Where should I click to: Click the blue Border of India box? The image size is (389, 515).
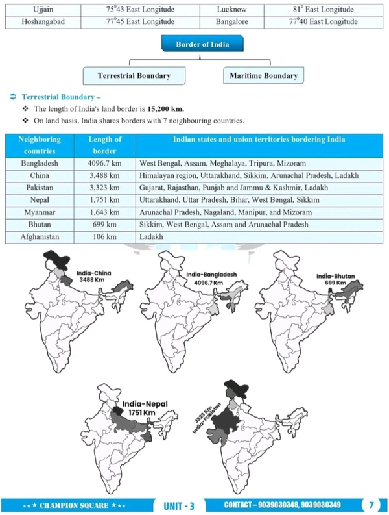(194, 45)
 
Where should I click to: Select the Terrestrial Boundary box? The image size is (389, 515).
(134, 75)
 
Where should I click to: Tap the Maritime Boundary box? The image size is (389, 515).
(264, 75)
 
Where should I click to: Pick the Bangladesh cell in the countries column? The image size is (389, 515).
(40, 164)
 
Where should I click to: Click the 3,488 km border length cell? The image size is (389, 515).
(104, 176)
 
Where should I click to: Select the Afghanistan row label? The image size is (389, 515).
(40, 237)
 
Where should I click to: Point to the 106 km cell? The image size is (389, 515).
(104, 237)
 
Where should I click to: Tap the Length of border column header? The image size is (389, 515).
(104, 145)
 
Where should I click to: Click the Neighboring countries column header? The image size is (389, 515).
(40, 145)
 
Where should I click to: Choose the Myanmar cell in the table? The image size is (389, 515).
(40, 212)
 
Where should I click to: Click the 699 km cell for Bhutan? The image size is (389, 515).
(104, 225)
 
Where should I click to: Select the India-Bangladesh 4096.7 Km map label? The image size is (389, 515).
(213, 279)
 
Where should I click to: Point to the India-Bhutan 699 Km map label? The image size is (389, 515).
(335, 279)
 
